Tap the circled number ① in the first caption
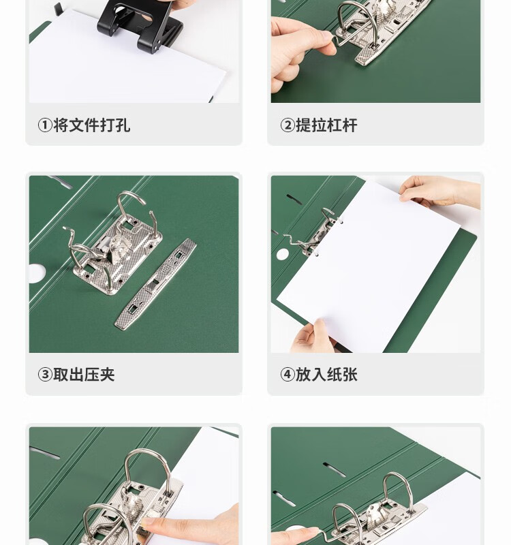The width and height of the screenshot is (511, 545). pyautogui.click(x=45, y=125)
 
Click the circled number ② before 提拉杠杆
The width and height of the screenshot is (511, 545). pyautogui.click(x=288, y=125)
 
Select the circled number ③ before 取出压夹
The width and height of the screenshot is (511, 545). pyautogui.click(x=45, y=375)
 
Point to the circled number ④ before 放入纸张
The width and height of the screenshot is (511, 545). pyautogui.click(x=288, y=375)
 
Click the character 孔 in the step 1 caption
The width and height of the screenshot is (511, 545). pyautogui.click(x=123, y=125)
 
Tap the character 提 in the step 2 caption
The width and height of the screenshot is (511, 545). pyautogui.click(x=303, y=125)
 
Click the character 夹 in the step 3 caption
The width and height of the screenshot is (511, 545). pyautogui.click(x=108, y=375)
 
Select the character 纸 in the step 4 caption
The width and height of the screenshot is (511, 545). pyautogui.click(x=335, y=375)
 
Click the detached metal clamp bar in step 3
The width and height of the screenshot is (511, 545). pyautogui.click(x=155, y=283)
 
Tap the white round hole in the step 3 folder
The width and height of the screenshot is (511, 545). pyautogui.click(x=36, y=274)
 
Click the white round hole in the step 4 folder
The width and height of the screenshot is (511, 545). pyautogui.click(x=283, y=254)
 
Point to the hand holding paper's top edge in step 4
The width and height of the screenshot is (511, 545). pyautogui.click(x=440, y=191)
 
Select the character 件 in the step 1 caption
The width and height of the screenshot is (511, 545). pyautogui.click(x=92, y=125)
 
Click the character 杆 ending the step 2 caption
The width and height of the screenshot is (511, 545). pyautogui.click(x=350, y=125)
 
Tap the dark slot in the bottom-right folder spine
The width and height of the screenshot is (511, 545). pyautogui.click(x=335, y=469)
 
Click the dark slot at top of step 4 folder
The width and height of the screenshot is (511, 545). pyautogui.click(x=294, y=199)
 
